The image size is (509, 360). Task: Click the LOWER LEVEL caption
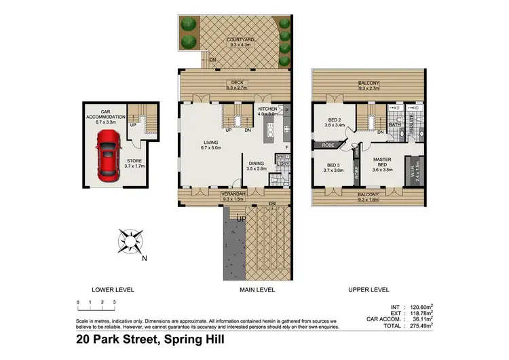[x=113, y=289]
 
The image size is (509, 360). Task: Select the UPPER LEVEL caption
[x=369, y=289]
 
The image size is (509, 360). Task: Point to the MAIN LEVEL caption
[x=256, y=289]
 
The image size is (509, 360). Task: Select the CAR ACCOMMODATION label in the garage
[x=107, y=118]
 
